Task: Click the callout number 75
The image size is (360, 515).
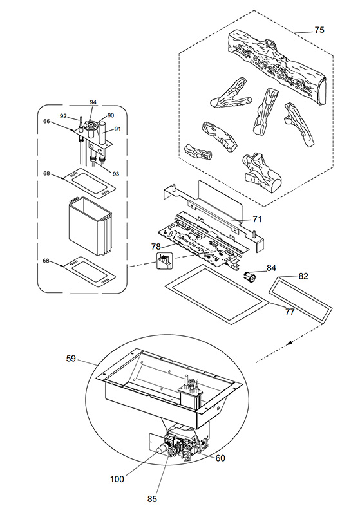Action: point(319,30)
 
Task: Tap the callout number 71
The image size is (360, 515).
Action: point(257,219)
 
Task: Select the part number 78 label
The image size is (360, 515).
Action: point(156,246)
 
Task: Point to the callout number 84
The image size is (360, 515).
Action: point(271,268)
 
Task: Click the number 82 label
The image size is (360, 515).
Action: point(303,276)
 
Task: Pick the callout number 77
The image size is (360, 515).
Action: point(290,312)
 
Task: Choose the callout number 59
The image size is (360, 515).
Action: point(71,359)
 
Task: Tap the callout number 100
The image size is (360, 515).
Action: point(117,479)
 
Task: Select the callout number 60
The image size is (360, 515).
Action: point(220,458)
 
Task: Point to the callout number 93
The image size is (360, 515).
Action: point(115,174)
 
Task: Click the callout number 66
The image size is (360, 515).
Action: point(46,121)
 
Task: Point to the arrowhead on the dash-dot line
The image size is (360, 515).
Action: point(289,343)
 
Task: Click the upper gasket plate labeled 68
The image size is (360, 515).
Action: point(90,183)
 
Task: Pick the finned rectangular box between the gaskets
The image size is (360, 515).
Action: point(90,227)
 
